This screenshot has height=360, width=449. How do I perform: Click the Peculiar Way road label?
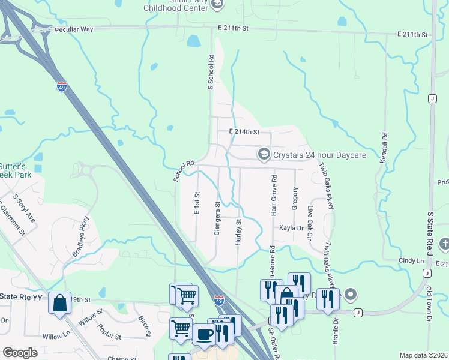pos(74,29)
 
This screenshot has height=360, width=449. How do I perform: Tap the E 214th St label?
pos(243,132)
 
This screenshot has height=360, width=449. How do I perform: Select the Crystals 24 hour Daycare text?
pos(319,155)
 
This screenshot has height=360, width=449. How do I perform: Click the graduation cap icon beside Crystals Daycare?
pos(264,155)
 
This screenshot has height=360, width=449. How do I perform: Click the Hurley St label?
pos(238,231)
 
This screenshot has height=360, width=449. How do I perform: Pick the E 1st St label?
pos(196,203)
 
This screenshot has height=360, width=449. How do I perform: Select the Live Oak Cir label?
pos(310,223)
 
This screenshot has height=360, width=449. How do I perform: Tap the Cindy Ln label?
pos(411,261)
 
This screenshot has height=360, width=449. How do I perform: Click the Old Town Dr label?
pos(429,305)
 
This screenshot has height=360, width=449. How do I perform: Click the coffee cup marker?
pos(203,334)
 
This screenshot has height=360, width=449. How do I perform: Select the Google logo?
pos(20,352)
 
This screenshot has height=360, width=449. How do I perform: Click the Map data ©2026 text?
pos(423,355)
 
